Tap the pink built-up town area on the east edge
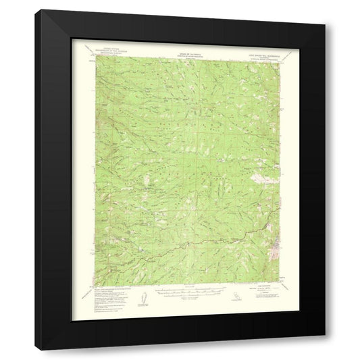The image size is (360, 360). point(276,235)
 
